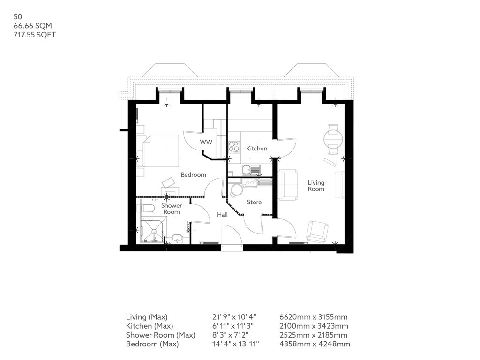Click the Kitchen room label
point(256,149)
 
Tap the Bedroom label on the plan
point(193,175)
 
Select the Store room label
point(254,202)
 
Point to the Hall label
point(222,215)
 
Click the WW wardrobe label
point(206,142)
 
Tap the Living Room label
point(316,186)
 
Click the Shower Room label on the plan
point(172,209)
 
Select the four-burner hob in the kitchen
point(234,147)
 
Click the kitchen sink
point(251,170)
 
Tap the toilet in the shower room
point(147,209)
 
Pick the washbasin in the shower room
point(177,238)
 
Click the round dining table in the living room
point(333,139)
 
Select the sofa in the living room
point(288,185)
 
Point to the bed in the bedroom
point(157,150)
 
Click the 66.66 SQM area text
point(33,26)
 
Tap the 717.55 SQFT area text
point(35,35)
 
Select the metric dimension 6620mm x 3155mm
point(314,317)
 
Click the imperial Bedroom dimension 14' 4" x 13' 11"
point(236,344)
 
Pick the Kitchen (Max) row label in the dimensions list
point(150,326)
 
